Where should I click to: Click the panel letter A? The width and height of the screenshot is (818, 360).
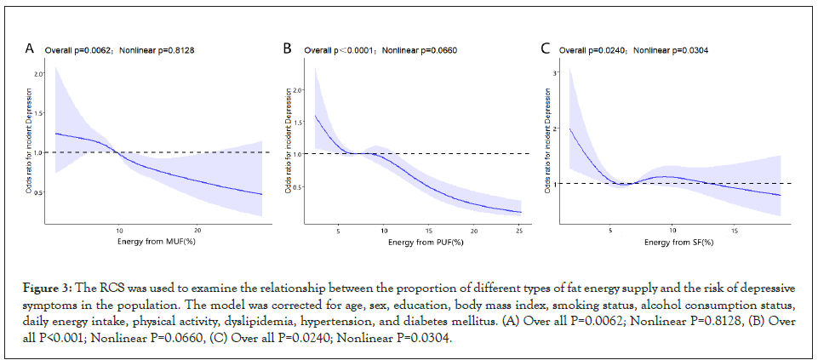29,49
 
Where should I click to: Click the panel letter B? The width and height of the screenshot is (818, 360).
288,49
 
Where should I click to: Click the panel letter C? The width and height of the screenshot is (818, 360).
546,49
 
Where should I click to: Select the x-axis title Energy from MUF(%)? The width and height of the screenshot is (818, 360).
159,243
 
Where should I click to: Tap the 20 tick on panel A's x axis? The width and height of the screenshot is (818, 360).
197,231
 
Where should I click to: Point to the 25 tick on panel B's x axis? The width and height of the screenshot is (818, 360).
518,231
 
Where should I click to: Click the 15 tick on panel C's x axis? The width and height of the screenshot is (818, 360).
735,231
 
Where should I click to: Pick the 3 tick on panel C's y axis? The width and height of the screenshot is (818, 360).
554,74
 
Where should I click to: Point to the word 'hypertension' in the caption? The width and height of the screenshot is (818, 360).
337,323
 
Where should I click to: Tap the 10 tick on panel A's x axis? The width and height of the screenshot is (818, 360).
119,231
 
